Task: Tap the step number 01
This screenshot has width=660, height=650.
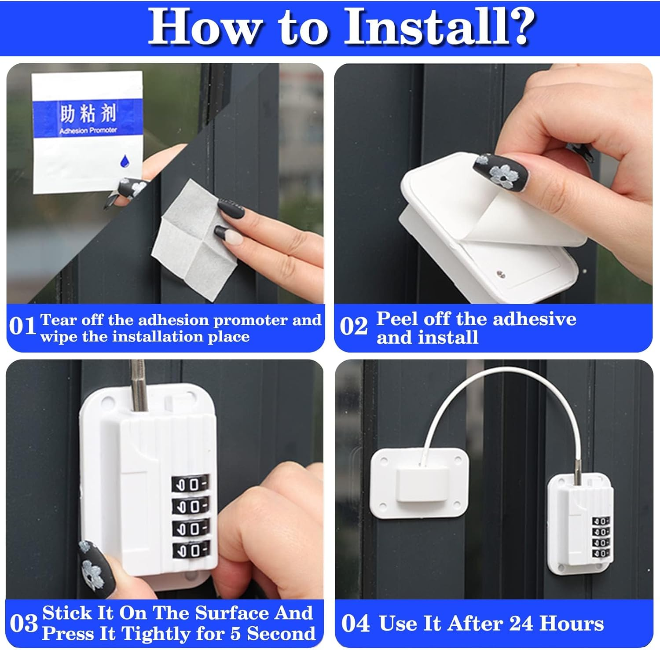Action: click(22, 327)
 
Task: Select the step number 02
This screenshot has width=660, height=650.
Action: click(353, 327)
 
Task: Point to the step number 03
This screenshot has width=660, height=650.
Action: click(24, 624)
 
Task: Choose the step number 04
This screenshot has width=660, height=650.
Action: click(356, 624)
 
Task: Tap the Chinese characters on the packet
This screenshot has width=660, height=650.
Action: click(88, 114)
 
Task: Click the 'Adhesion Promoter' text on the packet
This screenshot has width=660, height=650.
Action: click(88, 131)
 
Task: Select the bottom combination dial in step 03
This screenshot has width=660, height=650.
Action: click(190, 550)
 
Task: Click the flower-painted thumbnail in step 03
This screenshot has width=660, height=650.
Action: click(95, 568)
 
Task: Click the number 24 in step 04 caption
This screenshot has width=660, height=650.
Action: click(521, 624)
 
